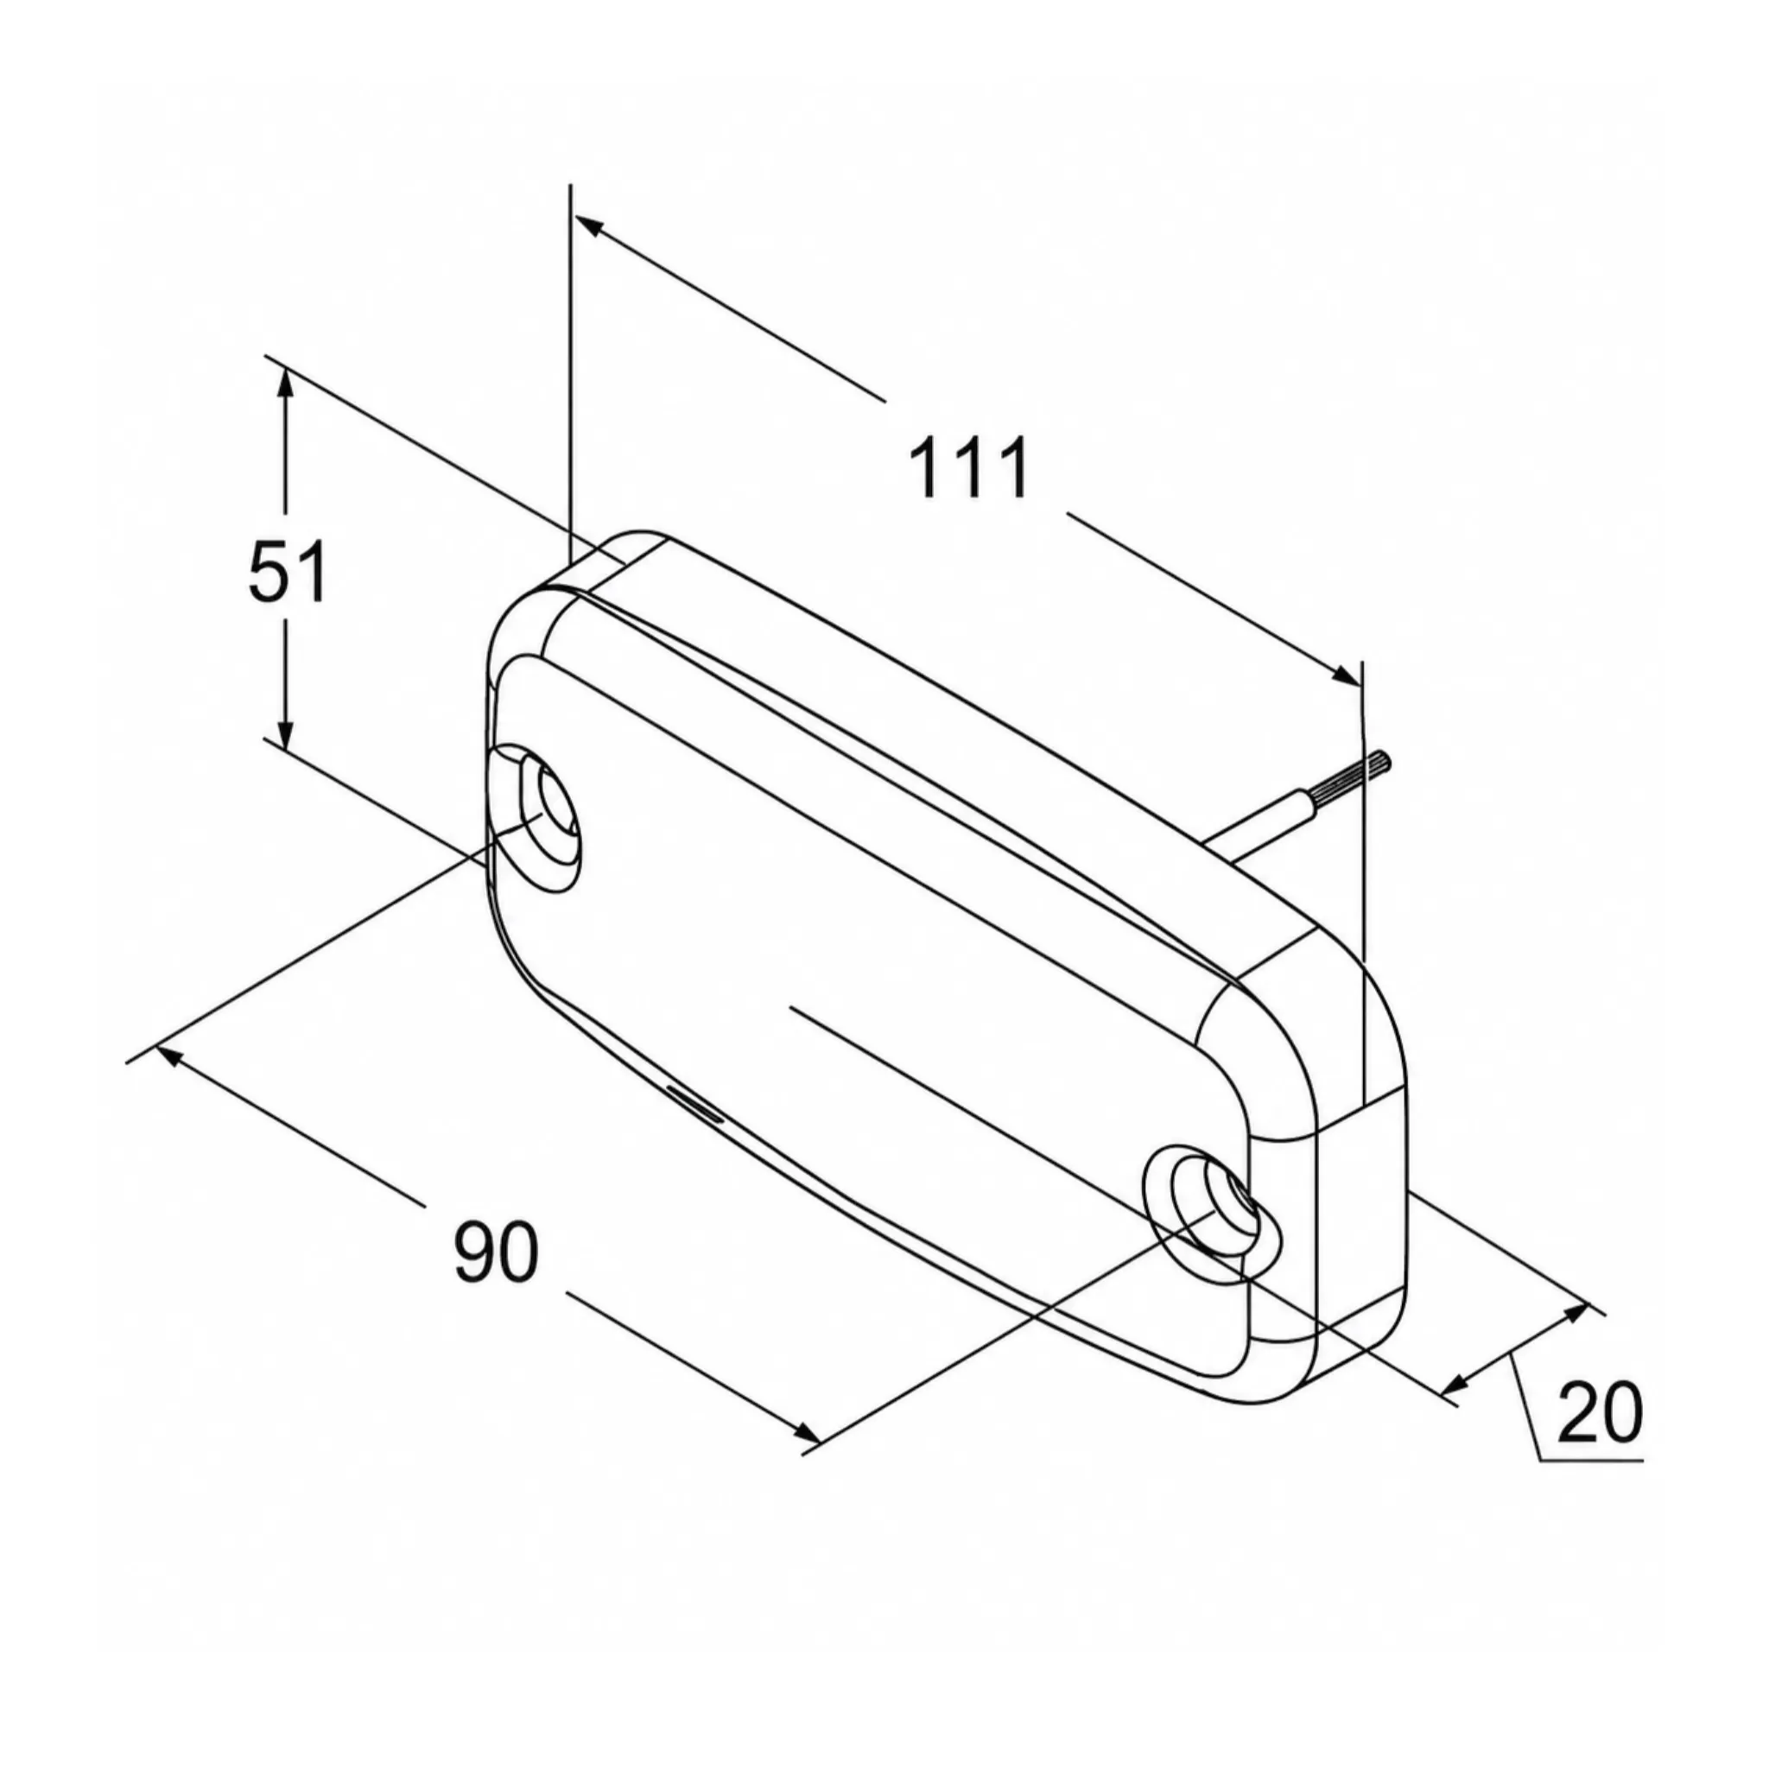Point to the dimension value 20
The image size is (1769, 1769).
(1599, 1413)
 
